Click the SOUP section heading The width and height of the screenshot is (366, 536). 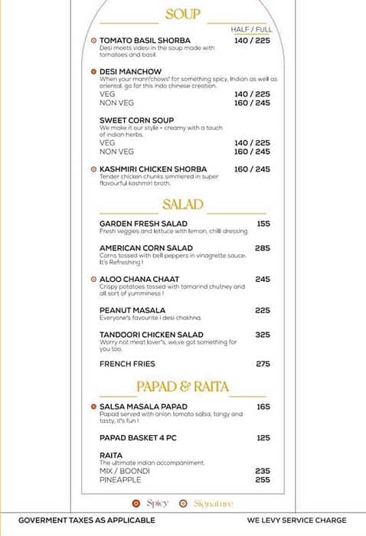pos(183,15)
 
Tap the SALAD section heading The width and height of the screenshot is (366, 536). pos(183,204)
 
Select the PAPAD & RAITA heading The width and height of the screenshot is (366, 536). pos(183,386)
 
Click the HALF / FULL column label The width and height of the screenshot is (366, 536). pos(250,29)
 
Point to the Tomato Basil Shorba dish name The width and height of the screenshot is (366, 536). pos(145,40)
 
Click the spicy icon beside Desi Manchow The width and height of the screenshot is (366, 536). pos(93,71)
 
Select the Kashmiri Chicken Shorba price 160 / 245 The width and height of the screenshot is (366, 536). pos(252,169)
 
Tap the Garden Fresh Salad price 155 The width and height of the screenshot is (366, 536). pos(263,224)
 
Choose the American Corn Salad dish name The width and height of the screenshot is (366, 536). pos(145,248)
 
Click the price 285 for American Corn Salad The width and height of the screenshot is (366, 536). pos(263,248)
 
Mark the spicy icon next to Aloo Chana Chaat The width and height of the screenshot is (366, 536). pos(93,279)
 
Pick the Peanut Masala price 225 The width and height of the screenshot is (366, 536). pos(263,310)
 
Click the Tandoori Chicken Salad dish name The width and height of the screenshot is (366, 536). pos(151,335)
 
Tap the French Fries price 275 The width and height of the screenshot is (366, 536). pos(263,364)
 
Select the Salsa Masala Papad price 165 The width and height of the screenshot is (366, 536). pos(263,407)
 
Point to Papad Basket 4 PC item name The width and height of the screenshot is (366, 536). pos(142,438)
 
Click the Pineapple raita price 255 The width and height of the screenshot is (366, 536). pos(263,480)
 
